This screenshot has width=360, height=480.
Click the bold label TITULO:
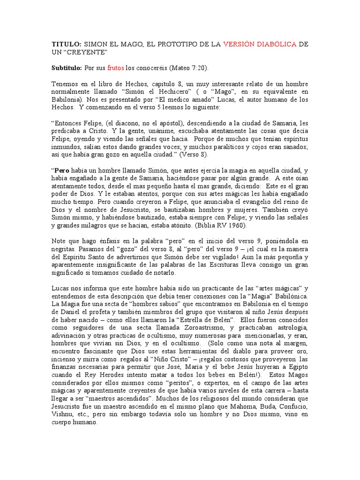(x=66, y=44)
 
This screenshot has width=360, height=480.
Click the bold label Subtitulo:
(x=67, y=68)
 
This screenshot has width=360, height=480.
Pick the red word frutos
(x=115, y=68)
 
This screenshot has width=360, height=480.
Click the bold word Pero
(x=61, y=171)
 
